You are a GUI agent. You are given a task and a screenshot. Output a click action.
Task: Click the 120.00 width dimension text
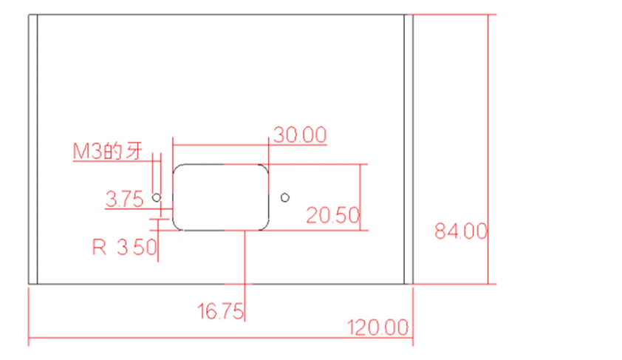click(x=377, y=327)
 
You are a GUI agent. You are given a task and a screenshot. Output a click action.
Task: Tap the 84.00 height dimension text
click(x=461, y=231)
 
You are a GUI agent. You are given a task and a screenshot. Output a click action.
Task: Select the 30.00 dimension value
click(x=301, y=135)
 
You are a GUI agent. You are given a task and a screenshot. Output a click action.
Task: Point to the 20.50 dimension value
click(x=333, y=216)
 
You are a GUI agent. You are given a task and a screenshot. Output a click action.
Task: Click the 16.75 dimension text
click(x=221, y=311)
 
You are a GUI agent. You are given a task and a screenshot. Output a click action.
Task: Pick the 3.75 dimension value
click(x=125, y=199)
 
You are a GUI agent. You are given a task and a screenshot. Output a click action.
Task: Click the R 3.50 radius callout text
click(x=125, y=248)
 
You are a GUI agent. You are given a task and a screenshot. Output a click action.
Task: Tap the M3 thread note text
click(x=108, y=152)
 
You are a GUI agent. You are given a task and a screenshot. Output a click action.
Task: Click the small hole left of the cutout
click(x=157, y=197)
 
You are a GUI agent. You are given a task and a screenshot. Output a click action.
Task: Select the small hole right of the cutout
click(x=285, y=197)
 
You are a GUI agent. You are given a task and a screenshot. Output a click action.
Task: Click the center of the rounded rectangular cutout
click(x=221, y=197)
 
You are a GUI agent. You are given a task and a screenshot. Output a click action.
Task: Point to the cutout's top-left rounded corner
click(x=176, y=167)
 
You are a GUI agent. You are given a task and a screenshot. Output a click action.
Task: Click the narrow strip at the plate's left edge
click(x=33, y=149)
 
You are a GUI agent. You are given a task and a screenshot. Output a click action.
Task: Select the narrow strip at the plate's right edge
click(x=409, y=149)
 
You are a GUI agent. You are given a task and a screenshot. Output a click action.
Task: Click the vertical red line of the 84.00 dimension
click(x=488, y=149)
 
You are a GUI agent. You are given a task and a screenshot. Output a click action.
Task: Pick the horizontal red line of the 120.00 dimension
click(x=221, y=338)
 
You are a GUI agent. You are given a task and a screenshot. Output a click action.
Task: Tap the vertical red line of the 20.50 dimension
click(x=360, y=197)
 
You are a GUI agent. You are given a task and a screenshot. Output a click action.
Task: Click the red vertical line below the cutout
click(x=245, y=276)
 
